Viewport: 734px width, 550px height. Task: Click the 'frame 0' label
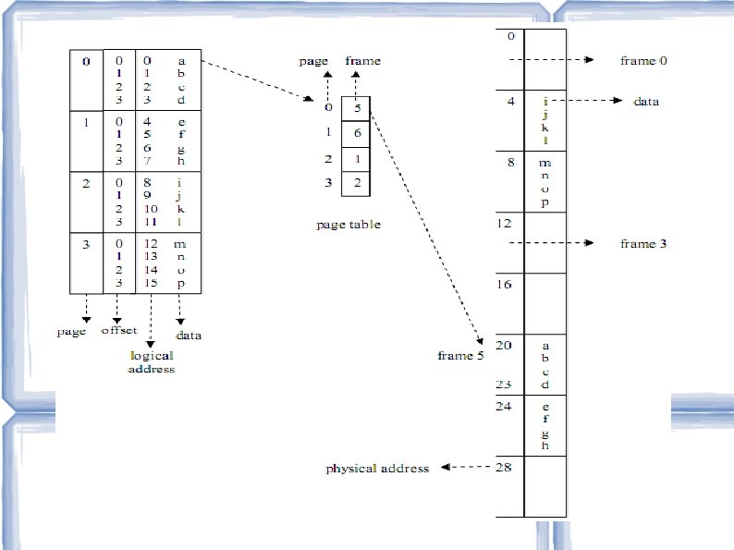click(642, 60)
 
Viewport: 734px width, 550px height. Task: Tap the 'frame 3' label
click(642, 243)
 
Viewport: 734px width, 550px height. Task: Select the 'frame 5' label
click(460, 355)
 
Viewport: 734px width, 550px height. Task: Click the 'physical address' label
click(377, 469)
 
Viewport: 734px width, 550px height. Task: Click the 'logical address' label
click(152, 362)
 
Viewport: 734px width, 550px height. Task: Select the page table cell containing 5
click(357, 108)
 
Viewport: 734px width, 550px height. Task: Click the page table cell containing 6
click(357, 133)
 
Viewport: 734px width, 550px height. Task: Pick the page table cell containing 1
click(357, 159)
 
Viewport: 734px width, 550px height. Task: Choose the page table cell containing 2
click(357, 184)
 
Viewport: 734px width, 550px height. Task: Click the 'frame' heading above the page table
click(362, 61)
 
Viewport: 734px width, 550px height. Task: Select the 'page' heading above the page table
click(313, 61)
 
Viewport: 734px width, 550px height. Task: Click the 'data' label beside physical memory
click(645, 101)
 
